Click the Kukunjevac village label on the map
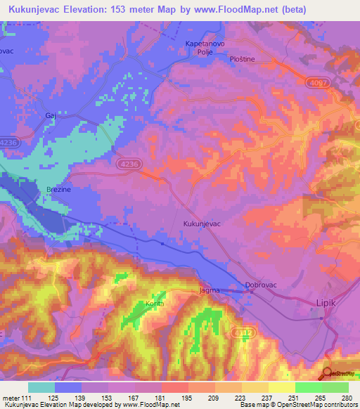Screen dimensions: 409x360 (202, 222)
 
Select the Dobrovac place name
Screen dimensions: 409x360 (260, 285)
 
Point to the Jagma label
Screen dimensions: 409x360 (210, 290)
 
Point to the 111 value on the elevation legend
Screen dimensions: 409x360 (20, 398)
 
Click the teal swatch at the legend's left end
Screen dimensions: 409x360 (41, 387)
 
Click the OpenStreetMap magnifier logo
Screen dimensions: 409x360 (327, 373)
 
